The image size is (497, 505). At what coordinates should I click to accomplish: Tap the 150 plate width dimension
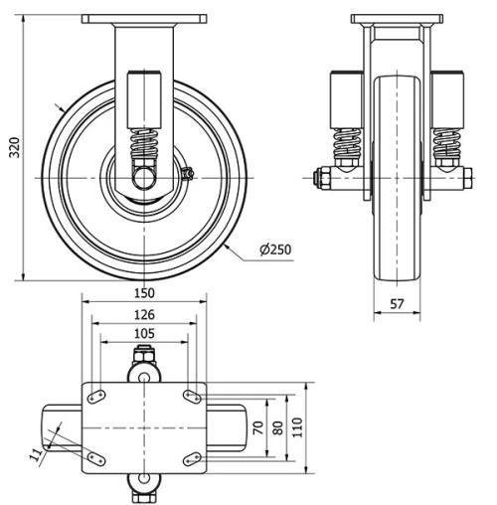click(x=144, y=293)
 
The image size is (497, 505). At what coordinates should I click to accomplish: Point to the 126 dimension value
click(x=144, y=314)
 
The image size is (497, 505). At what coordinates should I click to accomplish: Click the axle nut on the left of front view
click(x=321, y=178)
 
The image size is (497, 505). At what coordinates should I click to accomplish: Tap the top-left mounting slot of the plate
click(x=97, y=396)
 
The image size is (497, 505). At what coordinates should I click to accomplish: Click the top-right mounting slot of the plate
click(x=191, y=396)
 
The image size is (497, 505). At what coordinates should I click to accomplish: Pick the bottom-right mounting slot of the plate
click(x=191, y=458)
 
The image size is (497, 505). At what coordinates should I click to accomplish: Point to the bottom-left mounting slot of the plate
click(x=97, y=458)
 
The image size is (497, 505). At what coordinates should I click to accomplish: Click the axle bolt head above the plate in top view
click(x=144, y=356)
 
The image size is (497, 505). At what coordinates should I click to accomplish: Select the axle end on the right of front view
click(x=465, y=178)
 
